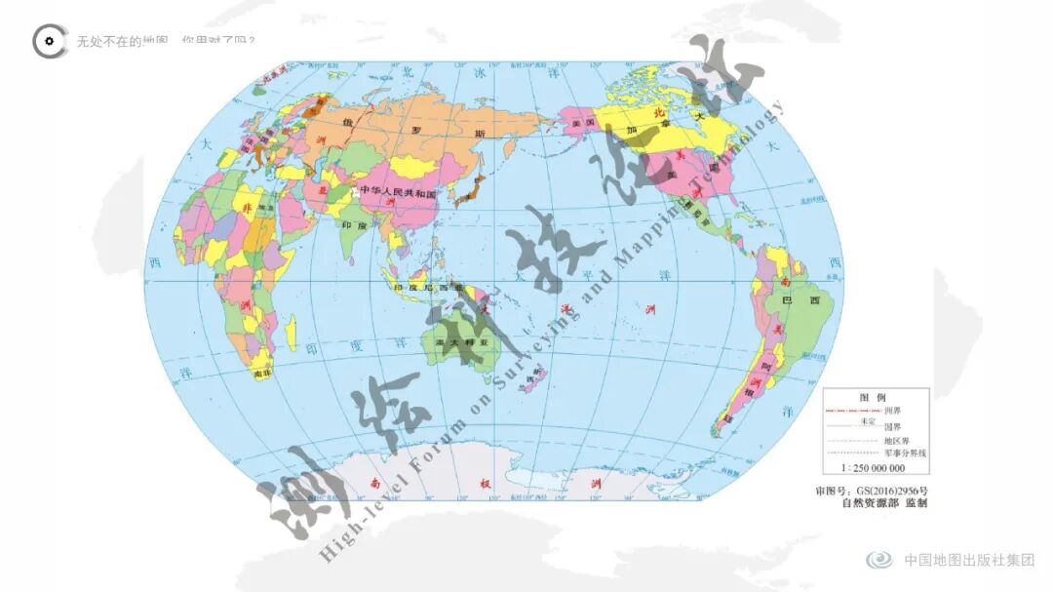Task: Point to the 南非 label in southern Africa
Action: [260, 373]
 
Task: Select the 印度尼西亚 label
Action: [421, 289]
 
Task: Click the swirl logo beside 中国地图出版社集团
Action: [878, 560]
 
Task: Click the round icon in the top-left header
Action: [49, 41]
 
